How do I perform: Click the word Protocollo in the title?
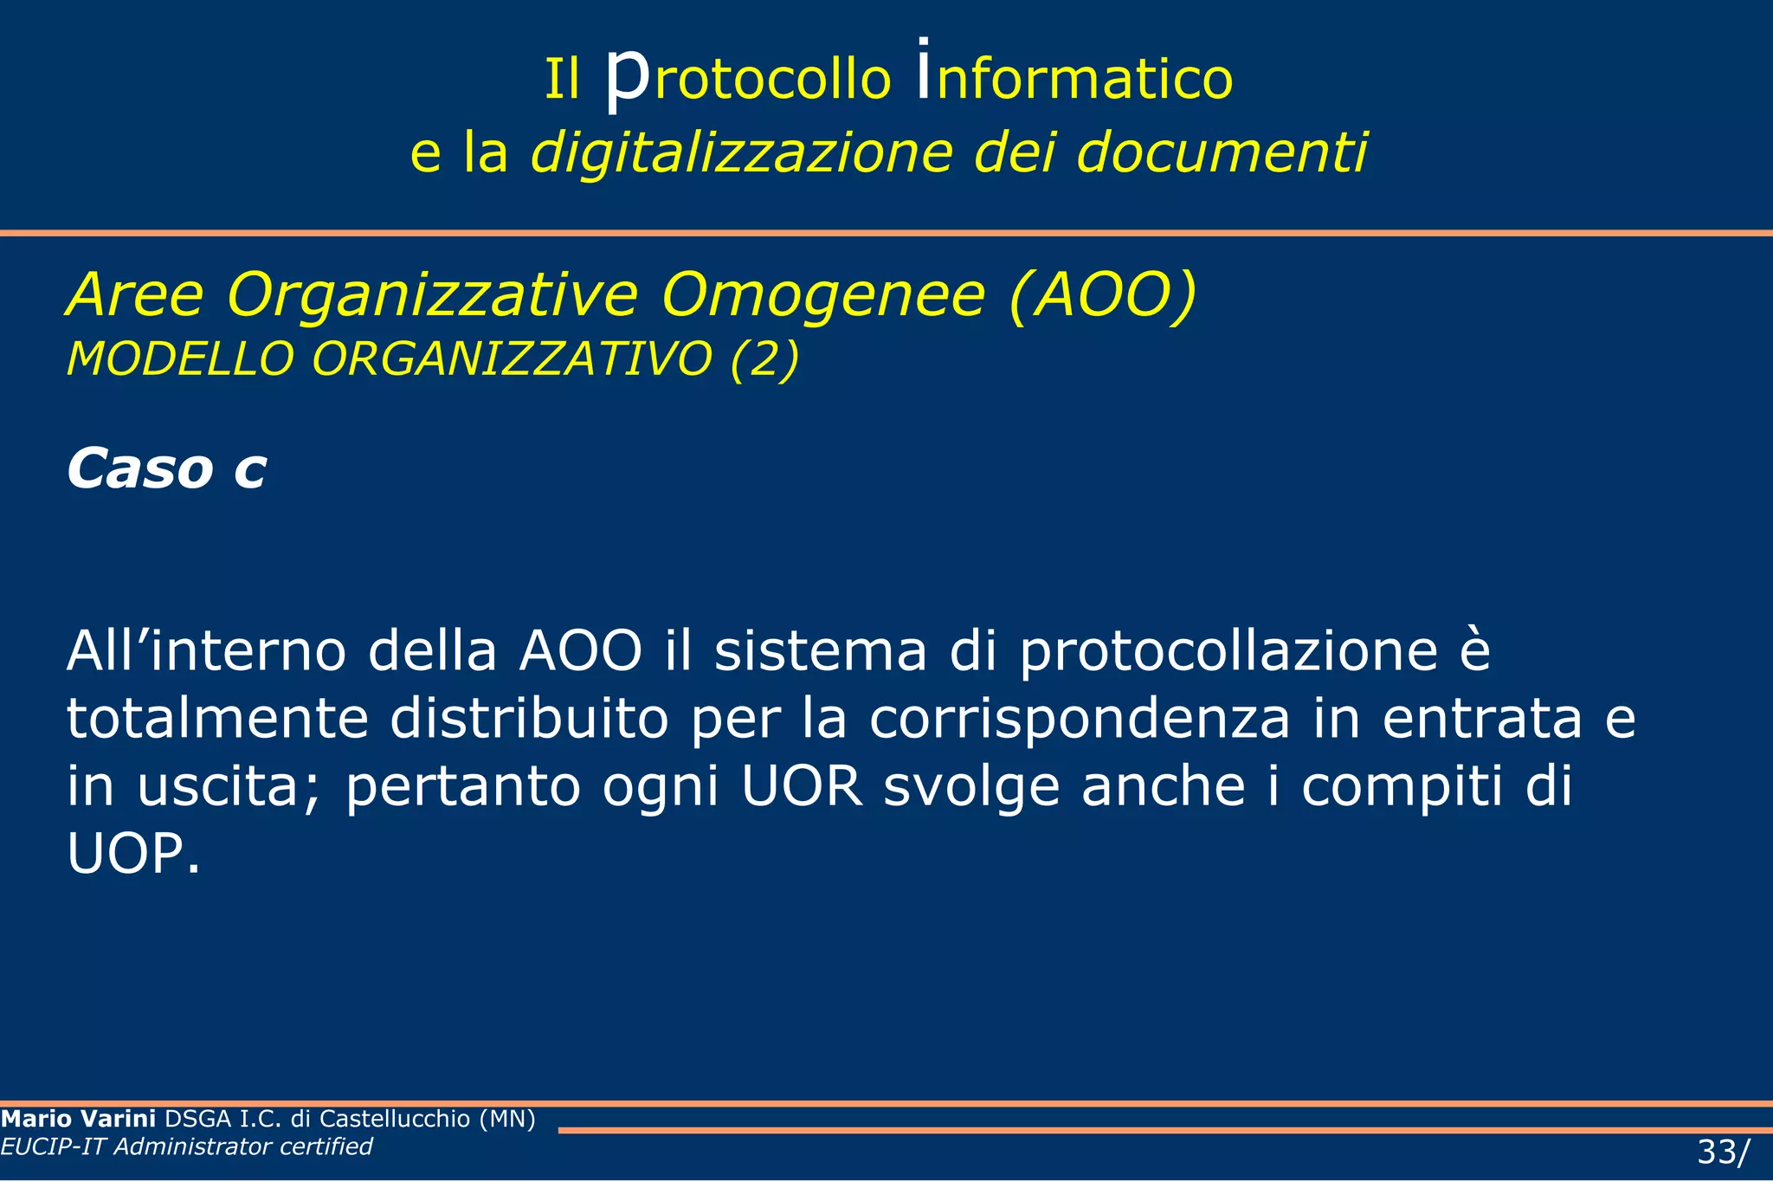pos(747,78)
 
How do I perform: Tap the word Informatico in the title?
pos(1073,78)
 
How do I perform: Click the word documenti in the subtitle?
pos(1222,153)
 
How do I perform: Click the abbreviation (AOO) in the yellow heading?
pos(1103,296)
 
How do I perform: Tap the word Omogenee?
pos(822,296)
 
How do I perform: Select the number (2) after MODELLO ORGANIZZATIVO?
pos(764,358)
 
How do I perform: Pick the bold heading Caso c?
pos(166,469)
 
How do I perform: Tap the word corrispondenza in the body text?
pos(1080,719)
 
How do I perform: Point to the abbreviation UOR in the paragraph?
pos(803,786)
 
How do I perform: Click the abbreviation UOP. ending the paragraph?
pos(133,854)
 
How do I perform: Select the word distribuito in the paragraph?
pos(529,719)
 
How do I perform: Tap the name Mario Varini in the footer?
pos(78,1119)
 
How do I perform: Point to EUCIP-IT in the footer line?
pos(53,1146)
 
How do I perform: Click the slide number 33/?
pos(1722,1153)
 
